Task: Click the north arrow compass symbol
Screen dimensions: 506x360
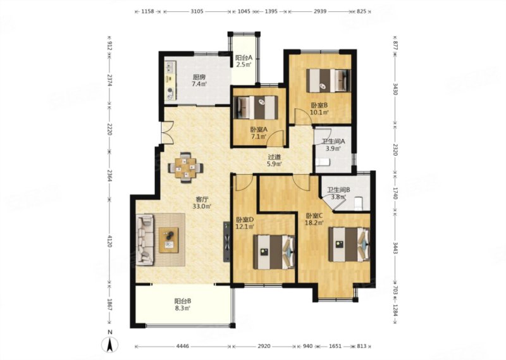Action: pos(109,345)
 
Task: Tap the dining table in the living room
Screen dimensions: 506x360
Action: pos(185,168)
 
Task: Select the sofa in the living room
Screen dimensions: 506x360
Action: pos(145,240)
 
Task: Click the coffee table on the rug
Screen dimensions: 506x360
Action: pos(168,240)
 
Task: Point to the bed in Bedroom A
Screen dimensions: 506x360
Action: pos(256,107)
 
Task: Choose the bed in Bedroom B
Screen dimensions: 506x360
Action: pos(328,80)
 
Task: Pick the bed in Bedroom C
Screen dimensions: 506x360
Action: pos(349,244)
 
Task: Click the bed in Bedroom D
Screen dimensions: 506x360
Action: pos(274,252)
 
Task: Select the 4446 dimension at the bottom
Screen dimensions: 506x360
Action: pos(183,347)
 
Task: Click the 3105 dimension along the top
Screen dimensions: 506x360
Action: pos(197,11)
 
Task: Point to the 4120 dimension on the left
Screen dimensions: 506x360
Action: pos(109,241)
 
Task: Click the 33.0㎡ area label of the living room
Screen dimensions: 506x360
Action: pos(202,206)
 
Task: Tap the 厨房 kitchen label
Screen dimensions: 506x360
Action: pos(199,77)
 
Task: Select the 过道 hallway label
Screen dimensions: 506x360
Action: pos(275,158)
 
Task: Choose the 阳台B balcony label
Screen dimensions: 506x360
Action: pos(183,301)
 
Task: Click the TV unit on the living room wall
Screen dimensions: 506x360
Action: pos(227,241)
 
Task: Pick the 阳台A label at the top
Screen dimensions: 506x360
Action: pos(244,58)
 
